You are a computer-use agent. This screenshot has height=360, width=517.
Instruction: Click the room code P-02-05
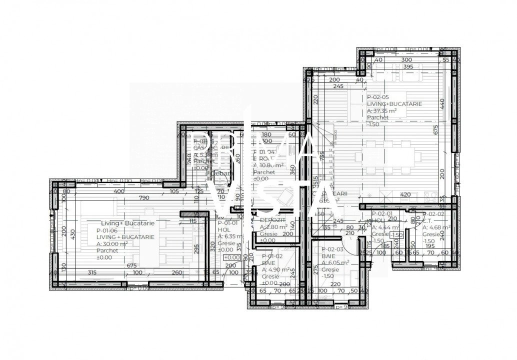click(379, 97)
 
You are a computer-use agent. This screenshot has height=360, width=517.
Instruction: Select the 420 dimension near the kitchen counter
click(405, 195)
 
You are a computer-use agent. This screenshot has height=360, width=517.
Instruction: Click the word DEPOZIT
click(272, 220)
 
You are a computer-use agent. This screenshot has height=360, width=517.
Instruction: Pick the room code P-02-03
click(332, 249)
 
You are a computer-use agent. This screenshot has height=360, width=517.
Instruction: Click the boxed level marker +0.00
click(233, 257)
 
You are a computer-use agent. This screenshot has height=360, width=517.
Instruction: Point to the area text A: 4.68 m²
click(436, 227)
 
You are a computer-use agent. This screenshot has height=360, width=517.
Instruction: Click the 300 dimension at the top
click(407, 59)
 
